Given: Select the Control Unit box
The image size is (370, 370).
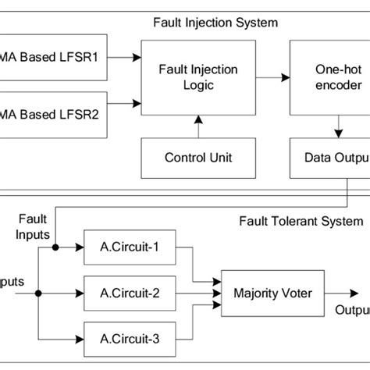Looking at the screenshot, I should (198, 157).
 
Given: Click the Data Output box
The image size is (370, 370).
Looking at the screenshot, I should (329, 157).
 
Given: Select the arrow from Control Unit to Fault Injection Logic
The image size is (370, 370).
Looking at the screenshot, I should (198, 125).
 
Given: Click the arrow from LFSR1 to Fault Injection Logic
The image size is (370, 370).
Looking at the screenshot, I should (126, 56).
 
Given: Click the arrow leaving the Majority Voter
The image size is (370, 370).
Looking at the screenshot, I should (342, 294).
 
